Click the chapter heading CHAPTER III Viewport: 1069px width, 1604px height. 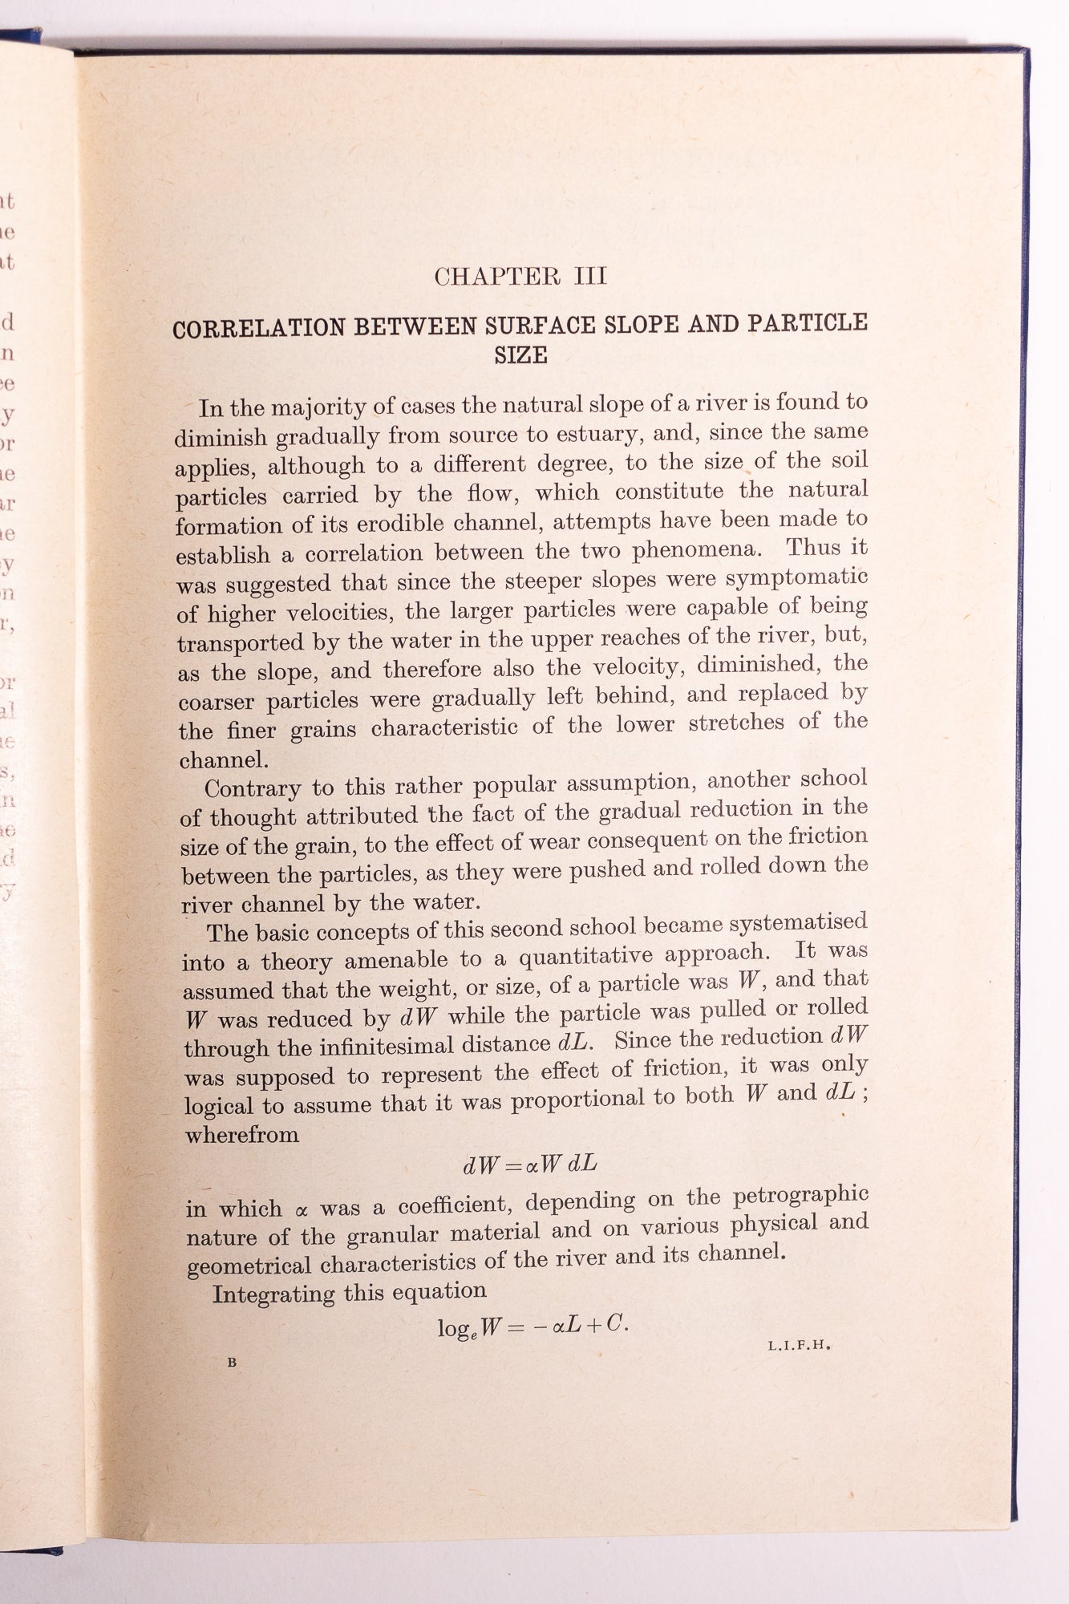520,277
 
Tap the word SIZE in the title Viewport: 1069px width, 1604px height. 520,354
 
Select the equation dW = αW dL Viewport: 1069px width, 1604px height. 529,1165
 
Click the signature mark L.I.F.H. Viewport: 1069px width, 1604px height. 797,1347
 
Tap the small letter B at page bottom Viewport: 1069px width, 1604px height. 232,1361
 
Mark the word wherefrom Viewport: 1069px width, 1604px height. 241,1135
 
